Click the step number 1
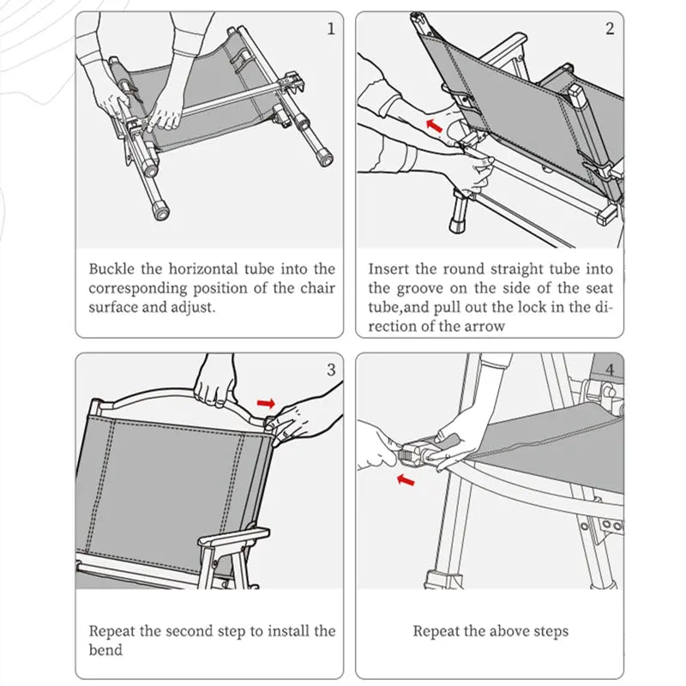coord(331,29)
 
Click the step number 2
coord(610,29)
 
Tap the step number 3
coord(331,370)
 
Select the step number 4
coord(610,370)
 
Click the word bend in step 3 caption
coord(105,650)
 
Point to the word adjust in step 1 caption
coord(191,307)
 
